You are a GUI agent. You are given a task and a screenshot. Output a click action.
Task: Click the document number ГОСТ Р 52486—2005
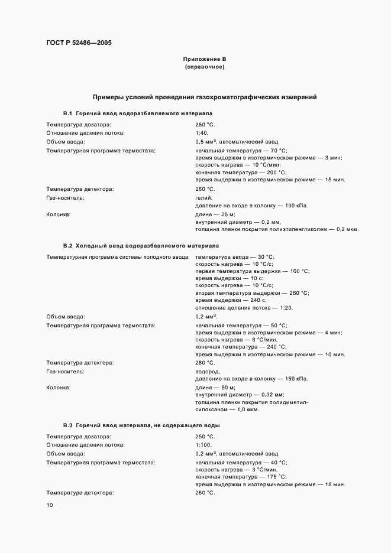click(79, 43)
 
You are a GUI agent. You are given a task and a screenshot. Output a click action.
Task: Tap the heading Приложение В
click(205, 59)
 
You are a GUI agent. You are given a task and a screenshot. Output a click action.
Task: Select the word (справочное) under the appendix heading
click(205, 67)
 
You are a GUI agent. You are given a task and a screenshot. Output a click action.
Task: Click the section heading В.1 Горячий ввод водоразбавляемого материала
click(137, 113)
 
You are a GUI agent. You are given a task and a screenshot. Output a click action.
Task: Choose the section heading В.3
click(141, 425)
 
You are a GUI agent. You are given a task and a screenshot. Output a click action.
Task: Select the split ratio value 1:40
click(202, 133)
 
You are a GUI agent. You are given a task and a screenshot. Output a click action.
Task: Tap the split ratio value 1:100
click(203, 445)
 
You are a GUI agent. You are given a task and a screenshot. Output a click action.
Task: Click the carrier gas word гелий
click(203, 197)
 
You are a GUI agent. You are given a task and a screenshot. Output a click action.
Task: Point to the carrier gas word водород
click(207, 371)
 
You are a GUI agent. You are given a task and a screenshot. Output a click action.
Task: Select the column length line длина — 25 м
click(215, 214)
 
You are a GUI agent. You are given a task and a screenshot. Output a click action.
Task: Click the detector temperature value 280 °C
click(205, 362)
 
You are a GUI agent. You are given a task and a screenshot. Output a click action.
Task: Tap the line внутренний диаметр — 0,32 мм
click(240, 394)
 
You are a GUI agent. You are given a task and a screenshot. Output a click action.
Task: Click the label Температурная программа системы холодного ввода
click(118, 256)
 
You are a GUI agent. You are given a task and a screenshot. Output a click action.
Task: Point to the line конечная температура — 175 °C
click(241, 477)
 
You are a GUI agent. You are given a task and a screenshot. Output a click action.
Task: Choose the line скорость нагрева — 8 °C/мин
click(236, 340)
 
